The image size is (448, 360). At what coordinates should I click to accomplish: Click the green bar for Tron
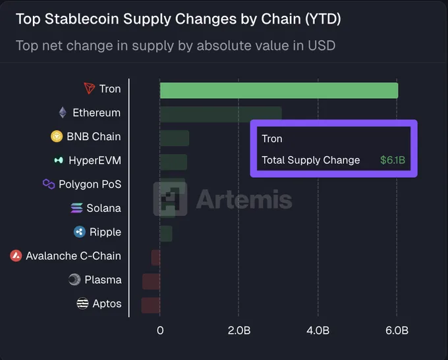[x=279, y=90]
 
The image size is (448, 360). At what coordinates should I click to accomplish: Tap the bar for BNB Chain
[x=175, y=138]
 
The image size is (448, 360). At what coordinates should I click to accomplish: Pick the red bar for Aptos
[x=151, y=305]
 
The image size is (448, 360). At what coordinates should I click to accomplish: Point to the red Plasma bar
[x=152, y=281]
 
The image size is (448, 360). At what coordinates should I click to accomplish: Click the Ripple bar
[x=166, y=233]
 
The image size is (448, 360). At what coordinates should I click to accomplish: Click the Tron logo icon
[x=90, y=89]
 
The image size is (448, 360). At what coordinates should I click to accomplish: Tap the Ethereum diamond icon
[x=63, y=113]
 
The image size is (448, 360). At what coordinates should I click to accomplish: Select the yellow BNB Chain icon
[x=57, y=137]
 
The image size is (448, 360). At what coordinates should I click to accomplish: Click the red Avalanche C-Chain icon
[x=16, y=256]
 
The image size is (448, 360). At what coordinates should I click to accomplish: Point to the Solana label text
[x=103, y=208]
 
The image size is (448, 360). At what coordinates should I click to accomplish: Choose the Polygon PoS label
[x=90, y=184]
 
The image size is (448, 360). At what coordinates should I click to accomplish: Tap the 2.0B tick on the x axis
[x=238, y=330]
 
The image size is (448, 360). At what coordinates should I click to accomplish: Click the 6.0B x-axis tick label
[x=397, y=330]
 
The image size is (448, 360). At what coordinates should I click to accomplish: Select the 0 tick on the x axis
[x=160, y=330]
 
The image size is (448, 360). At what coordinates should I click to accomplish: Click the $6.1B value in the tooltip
[x=393, y=160]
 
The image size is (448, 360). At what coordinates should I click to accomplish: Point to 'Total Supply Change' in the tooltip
[x=310, y=160]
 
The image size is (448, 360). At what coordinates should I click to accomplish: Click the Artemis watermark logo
[x=170, y=199]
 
